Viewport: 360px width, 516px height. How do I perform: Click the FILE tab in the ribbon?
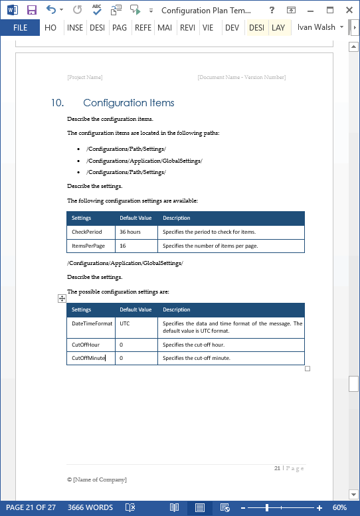(x=20, y=27)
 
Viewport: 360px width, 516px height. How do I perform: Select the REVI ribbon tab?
(x=187, y=27)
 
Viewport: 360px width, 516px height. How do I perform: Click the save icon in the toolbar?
(x=31, y=10)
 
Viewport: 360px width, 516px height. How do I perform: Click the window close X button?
(x=348, y=10)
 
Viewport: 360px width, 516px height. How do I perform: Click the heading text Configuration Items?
(x=128, y=103)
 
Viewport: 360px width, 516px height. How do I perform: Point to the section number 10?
(x=57, y=103)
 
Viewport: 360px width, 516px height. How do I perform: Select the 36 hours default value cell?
(x=130, y=232)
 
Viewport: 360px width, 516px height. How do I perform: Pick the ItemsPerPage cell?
(x=88, y=246)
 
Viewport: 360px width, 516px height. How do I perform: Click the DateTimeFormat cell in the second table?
(x=91, y=323)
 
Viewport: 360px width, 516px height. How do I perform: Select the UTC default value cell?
(x=125, y=323)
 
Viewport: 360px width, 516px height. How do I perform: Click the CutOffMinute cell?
(x=88, y=358)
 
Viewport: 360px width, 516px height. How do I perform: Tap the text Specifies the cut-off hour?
(x=193, y=345)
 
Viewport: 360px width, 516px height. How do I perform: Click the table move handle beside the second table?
(x=62, y=300)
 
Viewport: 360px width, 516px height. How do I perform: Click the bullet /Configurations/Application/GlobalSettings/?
(x=144, y=161)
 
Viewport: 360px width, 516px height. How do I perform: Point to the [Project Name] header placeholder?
(x=84, y=78)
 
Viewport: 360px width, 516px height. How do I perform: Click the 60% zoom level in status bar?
(x=339, y=507)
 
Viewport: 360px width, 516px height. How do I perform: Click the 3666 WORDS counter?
(x=90, y=507)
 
